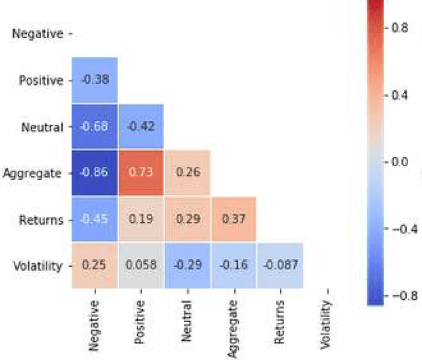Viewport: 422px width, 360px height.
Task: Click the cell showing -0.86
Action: click(x=95, y=173)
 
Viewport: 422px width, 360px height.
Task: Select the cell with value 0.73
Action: click(x=141, y=173)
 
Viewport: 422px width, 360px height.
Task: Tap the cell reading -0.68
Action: click(x=95, y=127)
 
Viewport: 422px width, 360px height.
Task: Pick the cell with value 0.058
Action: click(x=141, y=266)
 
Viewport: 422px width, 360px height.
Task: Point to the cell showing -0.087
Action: click(x=280, y=266)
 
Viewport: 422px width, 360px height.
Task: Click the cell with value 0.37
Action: click(x=234, y=220)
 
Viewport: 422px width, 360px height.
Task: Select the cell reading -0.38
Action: click(x=95, y=80)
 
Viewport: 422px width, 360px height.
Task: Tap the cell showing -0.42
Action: click(x=141, y=127)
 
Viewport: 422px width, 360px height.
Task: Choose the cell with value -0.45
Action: click(x=95, y=220)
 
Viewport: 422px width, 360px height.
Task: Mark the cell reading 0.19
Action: click(x=141, y=220)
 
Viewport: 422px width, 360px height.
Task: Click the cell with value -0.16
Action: click(x=234, y=266)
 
